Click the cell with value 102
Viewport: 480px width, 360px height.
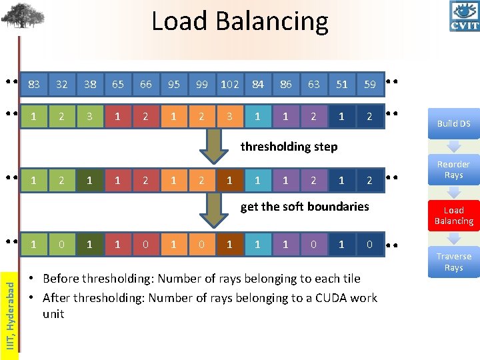pyautogui.click(x=229, y=85)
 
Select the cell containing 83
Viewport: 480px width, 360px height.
pyautogui.click(x=34, y=85)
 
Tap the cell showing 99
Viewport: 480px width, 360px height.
pyautogui.click(x=201, y=85)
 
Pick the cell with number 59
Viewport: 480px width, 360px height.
pyautogui.click(x=370, y=85)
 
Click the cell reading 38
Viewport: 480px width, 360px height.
pyautogui.click(x=90, y=85)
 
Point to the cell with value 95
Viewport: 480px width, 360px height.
pyautogui.click(x=173, y=85)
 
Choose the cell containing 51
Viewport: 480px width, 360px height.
pyautogui.click(x=342, y=85)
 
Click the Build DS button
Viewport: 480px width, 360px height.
pyautogui.click(x=453, y=123)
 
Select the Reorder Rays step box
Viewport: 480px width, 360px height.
pyautogui.click(x=453, y=169)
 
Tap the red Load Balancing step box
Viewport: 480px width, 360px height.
pyautogui.click(x=453, y=215)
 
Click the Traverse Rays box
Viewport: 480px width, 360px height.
pyautogui.click(x=453, y=261)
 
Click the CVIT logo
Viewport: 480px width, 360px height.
pyautogui.click(x=464, y=17)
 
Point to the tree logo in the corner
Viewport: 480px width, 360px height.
pyautogui.click(x=23, y=15)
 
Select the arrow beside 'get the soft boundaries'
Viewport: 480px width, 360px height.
pyautogui.click(x=213, y=209)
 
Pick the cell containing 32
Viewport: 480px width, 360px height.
pyautogui.click(x=62, y=85)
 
